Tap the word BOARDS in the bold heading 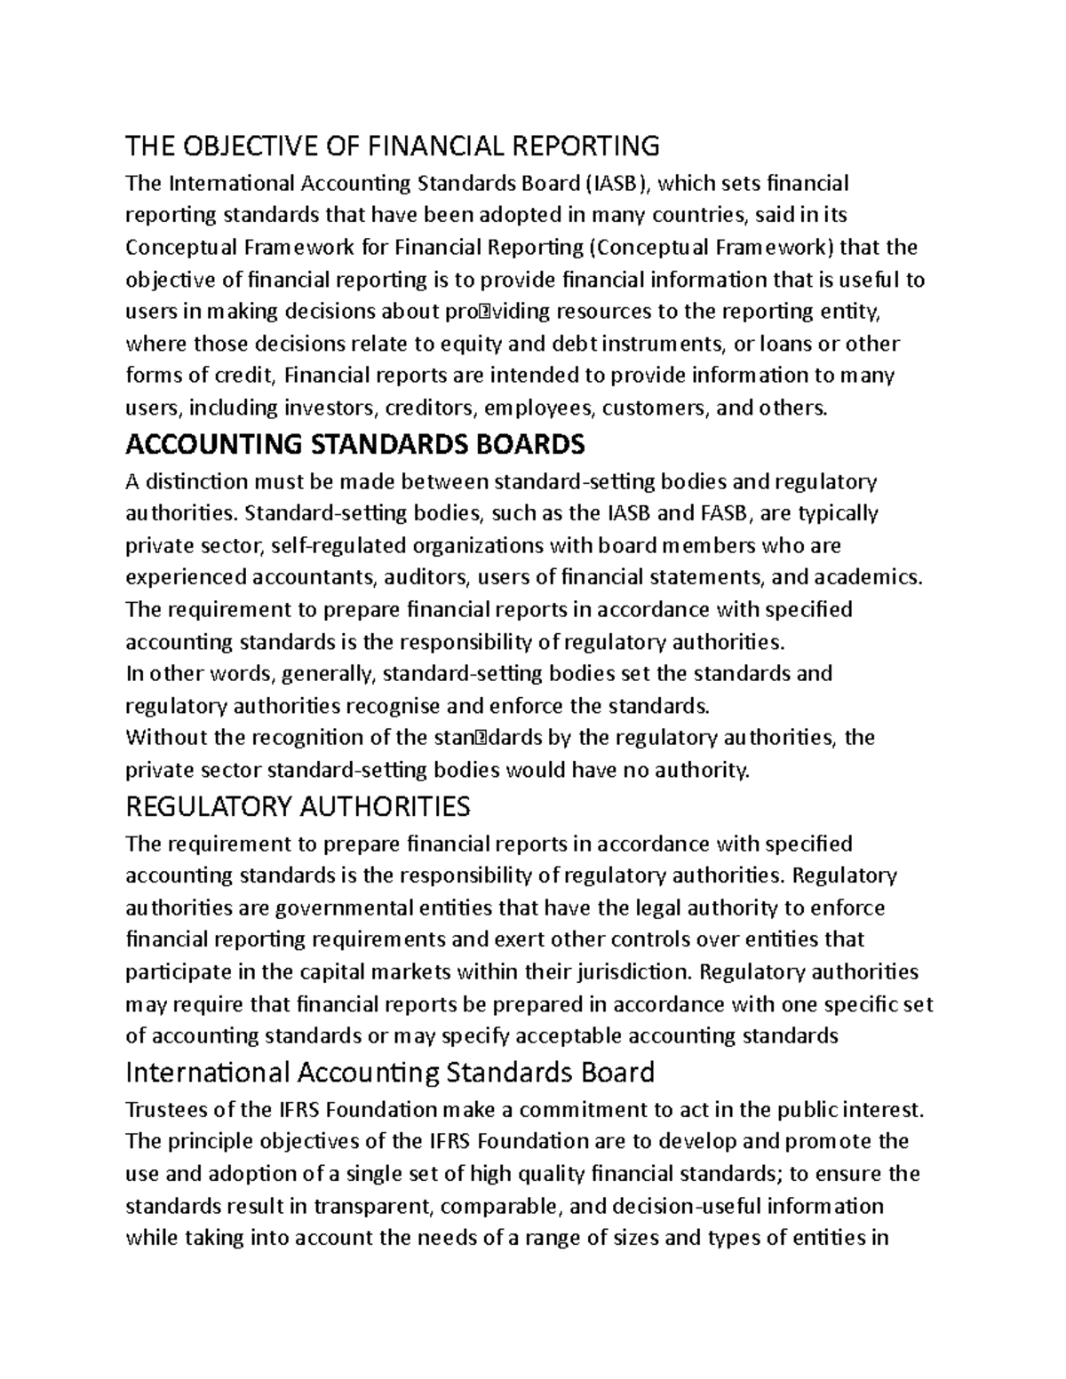[519, 443]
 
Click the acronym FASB [726, 513]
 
